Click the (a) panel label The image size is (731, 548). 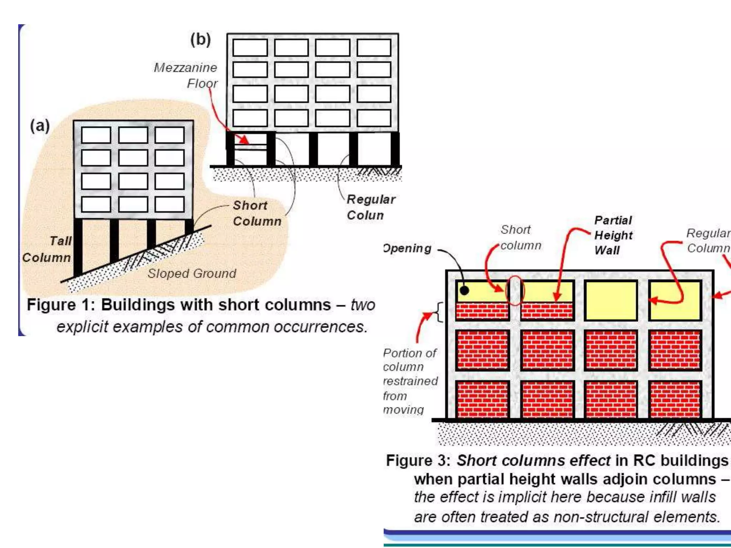tap(40, 126)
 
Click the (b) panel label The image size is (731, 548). tap(200, 39)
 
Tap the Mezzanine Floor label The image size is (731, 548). tap(186, 75)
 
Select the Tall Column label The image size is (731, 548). tap(47, 249)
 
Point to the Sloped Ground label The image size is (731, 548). tap(192, 273)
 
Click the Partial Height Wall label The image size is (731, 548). tap(613, 235)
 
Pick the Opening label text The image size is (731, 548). tap(408, 248)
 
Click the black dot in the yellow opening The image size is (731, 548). tap(464, 290)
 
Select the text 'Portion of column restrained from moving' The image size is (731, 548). tap(410, 381)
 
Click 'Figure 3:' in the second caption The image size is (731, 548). tap(419, 461)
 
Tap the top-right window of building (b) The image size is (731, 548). tap(374, 47)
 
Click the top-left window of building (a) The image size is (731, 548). tap(96, 135)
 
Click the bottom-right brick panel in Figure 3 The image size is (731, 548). tap(675, 399)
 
